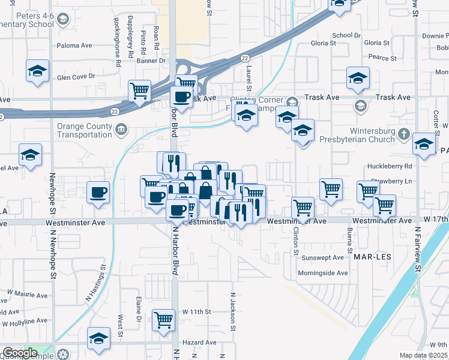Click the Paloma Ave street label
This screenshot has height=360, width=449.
pyautogui.click(x=74, y=45)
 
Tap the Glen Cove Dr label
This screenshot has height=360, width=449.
pyautogui.click(x=76, y=76)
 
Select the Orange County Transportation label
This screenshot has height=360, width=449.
pyautogui.click(x=85, y=131)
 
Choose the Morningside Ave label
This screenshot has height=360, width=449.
pyautogui.click(x=323, y=273)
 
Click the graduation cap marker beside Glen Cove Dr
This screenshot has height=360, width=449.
pyautogui.click(x=37, y=71)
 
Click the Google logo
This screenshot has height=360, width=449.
pyautogui.click(x=20, y=353)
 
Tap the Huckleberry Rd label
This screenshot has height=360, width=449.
pyautogui.click(x=391, y=166)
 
